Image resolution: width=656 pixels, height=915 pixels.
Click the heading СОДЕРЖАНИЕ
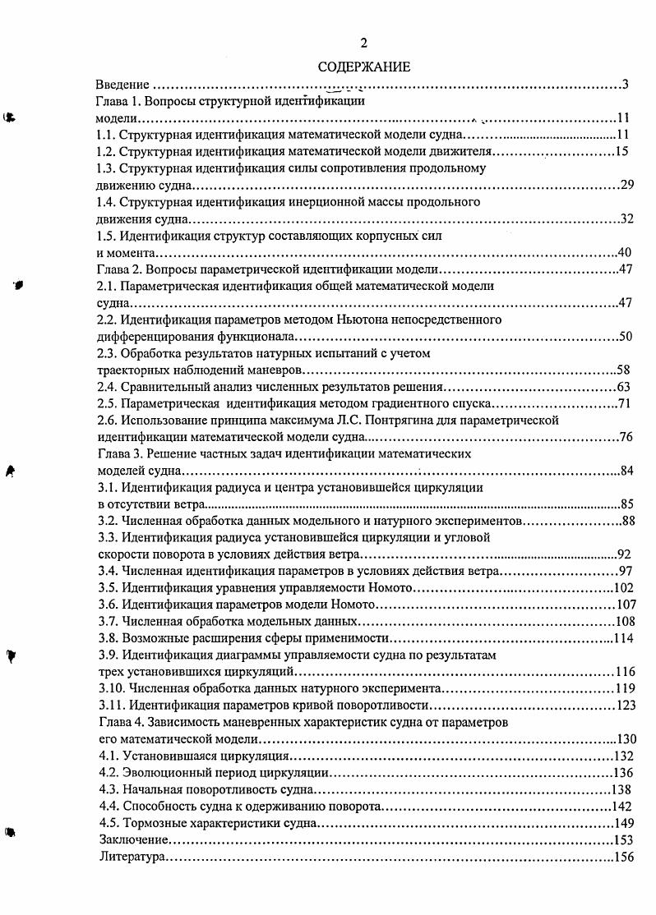[x=364, y=67]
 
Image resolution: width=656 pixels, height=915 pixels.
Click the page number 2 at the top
[x=364, y=43]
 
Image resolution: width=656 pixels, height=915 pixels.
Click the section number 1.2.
[x=106, y=151]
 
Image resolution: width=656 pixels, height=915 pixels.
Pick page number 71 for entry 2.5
[x=629, y=403]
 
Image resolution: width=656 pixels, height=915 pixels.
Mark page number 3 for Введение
[x=626, y=85]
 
